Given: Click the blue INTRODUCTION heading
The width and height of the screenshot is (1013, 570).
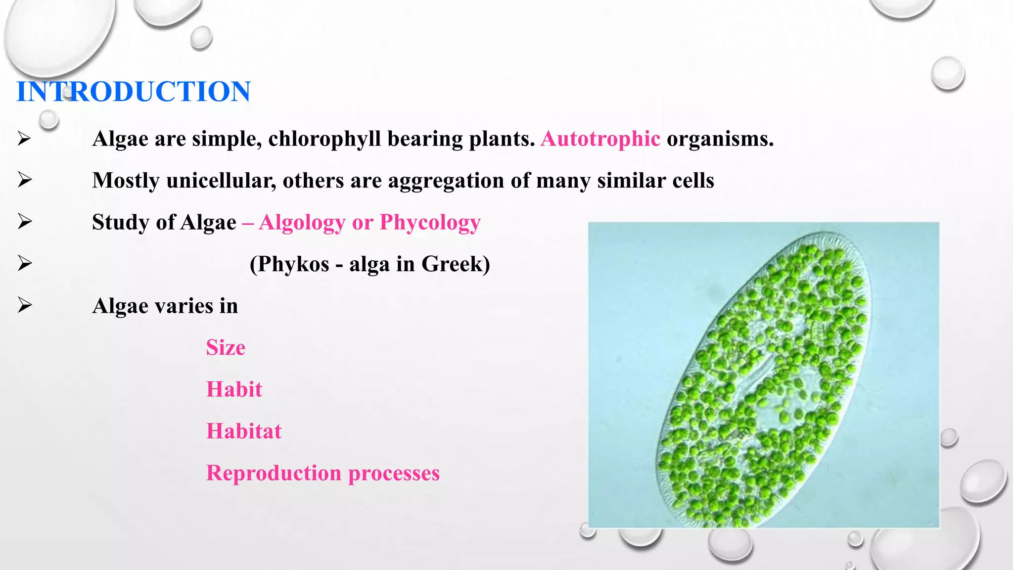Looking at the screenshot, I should coord(134,92).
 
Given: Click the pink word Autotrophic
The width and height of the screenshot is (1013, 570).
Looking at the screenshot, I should coord(600,139).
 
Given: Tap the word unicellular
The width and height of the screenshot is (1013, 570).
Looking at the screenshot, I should coord(221,181).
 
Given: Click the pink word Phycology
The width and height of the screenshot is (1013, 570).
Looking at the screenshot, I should coord(430,223).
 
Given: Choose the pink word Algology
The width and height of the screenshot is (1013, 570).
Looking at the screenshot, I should coord(302,223).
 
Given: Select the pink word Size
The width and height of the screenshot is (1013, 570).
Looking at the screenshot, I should coord(226,347).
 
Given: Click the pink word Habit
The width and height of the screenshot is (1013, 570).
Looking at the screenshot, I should coord(234,389).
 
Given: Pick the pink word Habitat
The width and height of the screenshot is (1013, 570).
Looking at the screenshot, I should coord(244,431).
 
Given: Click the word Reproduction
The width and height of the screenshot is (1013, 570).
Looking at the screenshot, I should coord(274,473).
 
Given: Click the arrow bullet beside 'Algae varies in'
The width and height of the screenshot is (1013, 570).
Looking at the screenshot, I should coord(24,305).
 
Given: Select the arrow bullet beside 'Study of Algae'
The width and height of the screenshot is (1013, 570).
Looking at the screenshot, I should coord(24,222).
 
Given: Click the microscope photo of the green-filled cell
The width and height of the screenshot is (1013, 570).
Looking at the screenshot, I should coord(763,375).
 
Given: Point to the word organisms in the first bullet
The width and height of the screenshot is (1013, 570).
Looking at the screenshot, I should coord(720,139).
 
